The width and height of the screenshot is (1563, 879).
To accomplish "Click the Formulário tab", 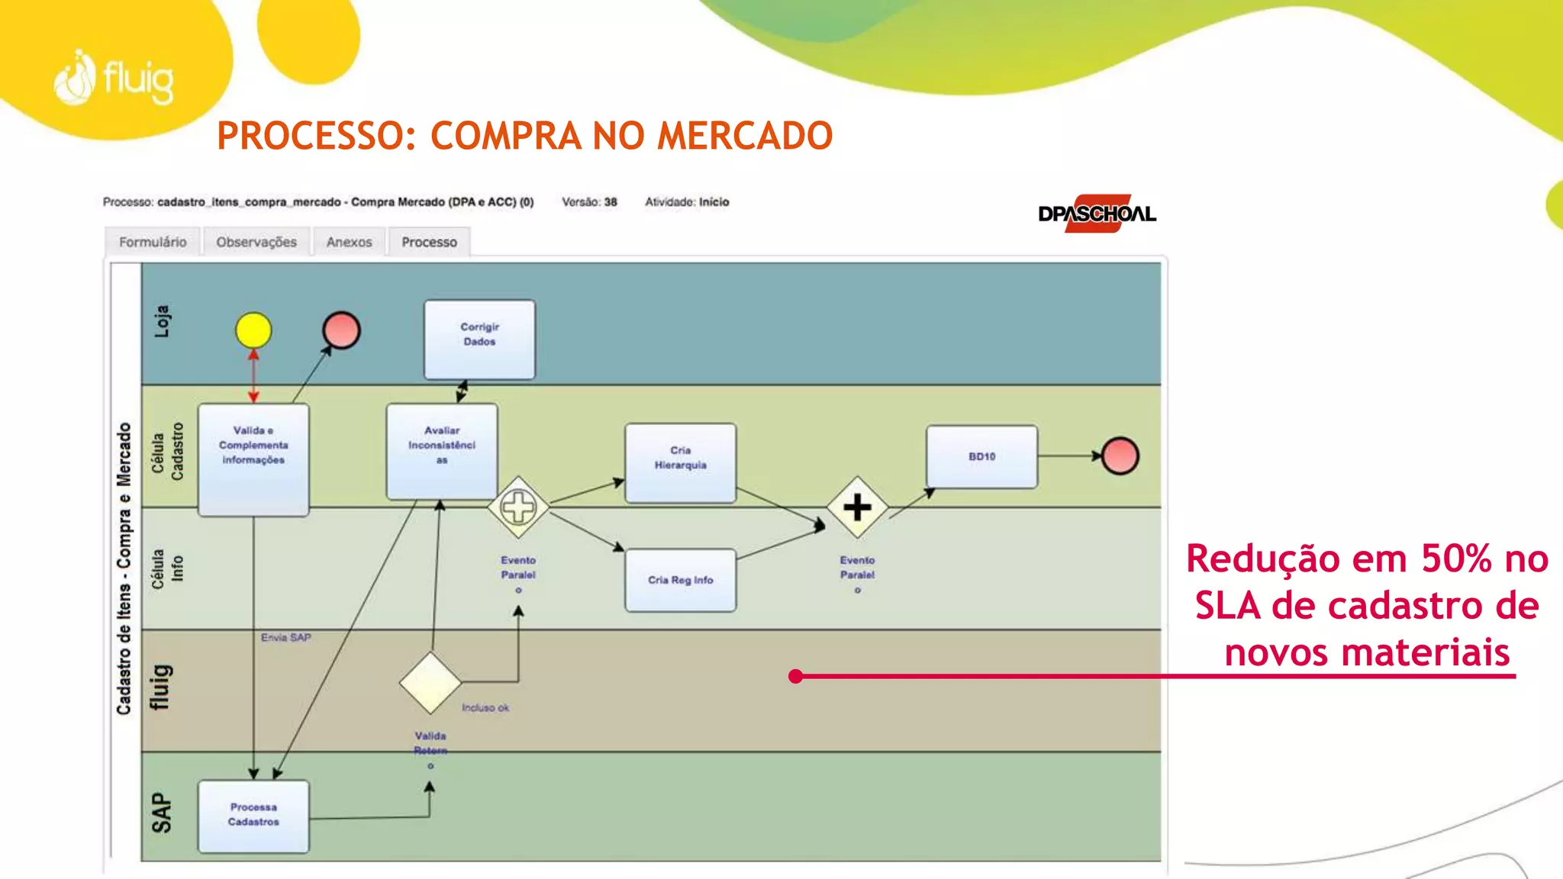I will coord(153,242).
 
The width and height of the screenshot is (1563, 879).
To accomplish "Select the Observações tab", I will coord(256,242).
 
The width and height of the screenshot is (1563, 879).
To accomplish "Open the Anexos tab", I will coord(349,242).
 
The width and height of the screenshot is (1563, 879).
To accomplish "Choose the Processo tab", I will coord(429,242).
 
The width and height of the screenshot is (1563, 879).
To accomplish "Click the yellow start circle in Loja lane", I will coord(253,330).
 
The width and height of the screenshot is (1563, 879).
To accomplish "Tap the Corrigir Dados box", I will coord(479,339).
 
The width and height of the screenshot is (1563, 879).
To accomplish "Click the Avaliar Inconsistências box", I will coord(442,451).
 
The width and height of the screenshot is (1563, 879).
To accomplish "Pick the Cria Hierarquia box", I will coord(680,462).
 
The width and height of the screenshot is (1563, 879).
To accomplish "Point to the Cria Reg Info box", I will coord(680,580).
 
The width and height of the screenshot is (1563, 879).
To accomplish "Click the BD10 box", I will coord(981,456).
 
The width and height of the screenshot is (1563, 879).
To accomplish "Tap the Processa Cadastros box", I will coord(253,815).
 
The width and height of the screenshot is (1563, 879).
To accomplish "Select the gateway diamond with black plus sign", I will coord(857,507).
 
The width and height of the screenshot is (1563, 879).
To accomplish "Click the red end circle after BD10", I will coord(1120,456).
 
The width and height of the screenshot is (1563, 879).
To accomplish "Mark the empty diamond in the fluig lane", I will coord(430,682).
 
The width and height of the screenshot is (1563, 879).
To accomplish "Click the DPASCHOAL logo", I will coord(1097,214).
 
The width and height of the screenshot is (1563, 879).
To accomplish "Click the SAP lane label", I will coord(161,812).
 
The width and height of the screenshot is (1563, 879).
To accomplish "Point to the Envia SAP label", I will coord(285,637).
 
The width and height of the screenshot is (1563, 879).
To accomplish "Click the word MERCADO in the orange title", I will coord(744,136).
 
